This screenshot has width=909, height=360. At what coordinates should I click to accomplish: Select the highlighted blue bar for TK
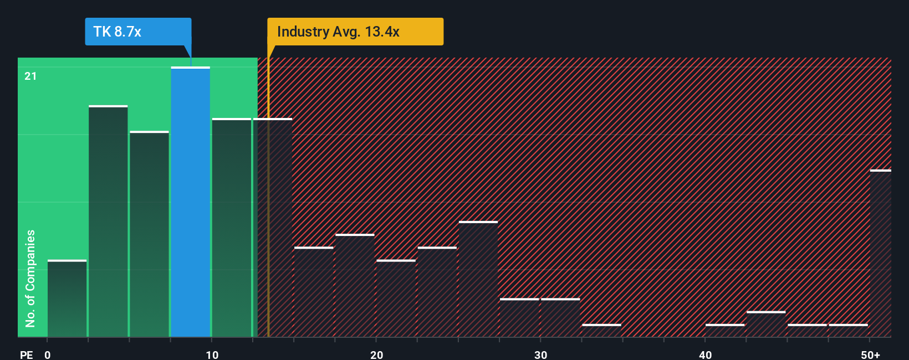coord(190,202)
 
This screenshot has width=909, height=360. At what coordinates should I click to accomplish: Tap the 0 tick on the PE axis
coord(48,354)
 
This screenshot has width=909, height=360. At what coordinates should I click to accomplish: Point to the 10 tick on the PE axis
coord(212,354)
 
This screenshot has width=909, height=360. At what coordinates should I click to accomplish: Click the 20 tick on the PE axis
coord(376,354)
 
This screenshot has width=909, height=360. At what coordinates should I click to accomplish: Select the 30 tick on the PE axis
coord(540,354)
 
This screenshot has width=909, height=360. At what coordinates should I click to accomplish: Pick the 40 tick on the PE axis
coord(705,354)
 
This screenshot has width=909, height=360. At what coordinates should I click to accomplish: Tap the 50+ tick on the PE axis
coord(870,354)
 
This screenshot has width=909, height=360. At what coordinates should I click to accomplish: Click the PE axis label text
coord(27,354)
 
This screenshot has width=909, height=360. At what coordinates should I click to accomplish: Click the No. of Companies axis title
coord(30,278)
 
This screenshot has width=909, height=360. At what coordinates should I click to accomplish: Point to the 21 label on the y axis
coord(30,76)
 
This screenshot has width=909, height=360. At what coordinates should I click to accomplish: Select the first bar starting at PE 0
coord(67,299)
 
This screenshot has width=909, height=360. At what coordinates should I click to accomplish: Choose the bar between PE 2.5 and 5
coord(108,222)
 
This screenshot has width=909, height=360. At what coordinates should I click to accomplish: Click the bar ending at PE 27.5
coord(478,279)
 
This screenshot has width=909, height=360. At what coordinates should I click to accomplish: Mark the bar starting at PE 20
coord(396,299)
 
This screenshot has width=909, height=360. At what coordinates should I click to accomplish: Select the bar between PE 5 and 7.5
coord(149,234)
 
